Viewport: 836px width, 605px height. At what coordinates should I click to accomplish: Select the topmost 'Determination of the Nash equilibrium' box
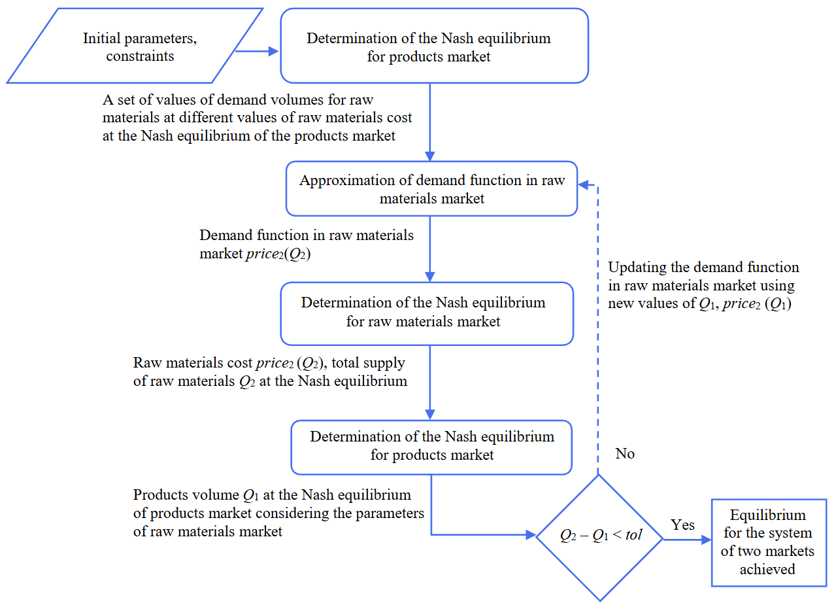point(434,46)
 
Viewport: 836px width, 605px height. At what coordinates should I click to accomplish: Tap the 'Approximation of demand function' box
point(431,189)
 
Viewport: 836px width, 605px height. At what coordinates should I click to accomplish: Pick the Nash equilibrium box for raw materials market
point(427,313)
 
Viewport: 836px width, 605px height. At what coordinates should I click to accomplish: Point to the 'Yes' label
point(682,525)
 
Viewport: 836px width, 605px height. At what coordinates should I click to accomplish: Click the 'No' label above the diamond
point(625,454)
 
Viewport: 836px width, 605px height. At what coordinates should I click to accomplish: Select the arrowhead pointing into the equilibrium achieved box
point(705,540)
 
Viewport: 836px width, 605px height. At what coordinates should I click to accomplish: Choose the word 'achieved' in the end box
point(767,569)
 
